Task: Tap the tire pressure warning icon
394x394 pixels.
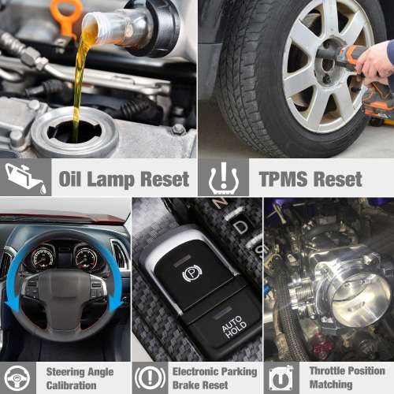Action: click(223, 178)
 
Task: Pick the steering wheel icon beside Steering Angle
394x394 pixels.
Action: click(19, 377)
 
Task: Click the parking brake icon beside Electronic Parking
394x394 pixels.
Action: click(150, 377)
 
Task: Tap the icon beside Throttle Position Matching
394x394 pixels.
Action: click(281, 377)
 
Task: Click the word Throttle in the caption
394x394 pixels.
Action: click(330, 371)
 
